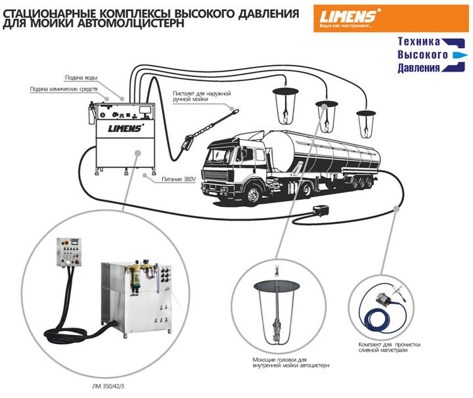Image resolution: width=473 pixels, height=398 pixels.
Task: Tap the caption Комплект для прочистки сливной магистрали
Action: click(x=388, y=347)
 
